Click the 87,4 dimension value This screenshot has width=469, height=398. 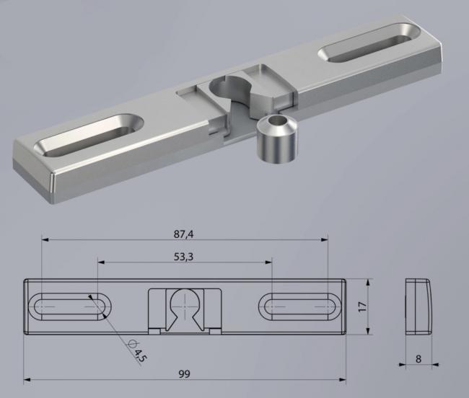(184, 234)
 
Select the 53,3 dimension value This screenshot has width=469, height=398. (184, 257)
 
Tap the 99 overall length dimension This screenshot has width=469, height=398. (184, 373)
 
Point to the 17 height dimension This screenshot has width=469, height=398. (362, 306)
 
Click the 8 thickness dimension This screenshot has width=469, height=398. (418, 359)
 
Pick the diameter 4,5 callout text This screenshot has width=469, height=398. (136, 351)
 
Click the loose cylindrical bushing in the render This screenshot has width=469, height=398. (277, 140)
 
